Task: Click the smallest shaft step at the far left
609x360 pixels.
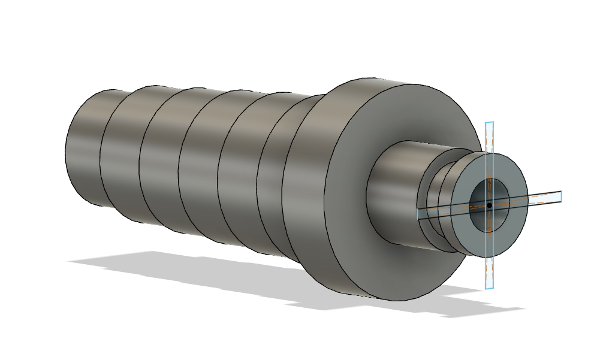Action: (84, 150)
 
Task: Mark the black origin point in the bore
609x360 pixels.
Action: (489, 205)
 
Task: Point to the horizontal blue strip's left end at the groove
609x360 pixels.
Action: (420, 213)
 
